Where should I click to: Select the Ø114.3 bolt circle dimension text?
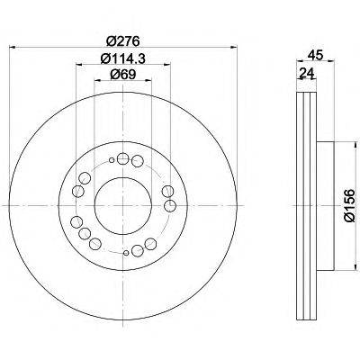[122, 59]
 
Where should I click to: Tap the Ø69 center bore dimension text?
[122, 78]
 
